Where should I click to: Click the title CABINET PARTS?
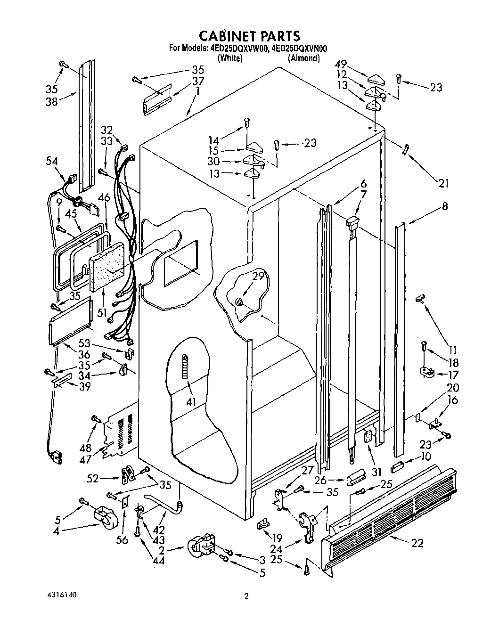pyautogui.click(x=249, y=36)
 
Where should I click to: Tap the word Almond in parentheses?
pyautogui.click(x=304, y=58)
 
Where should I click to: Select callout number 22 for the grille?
pyautogui.click(x=417, y=543)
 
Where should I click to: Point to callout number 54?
pyautogui.click(x=52, y=161)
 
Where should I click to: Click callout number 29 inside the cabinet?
pyautogui.click(x=258, y=277)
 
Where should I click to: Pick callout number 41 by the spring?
pyautogui.click(x=191, y=401)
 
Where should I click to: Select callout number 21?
pyautogui.click(x=443, y=184)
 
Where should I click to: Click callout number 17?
pyautogui.click(x=453, y=375)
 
